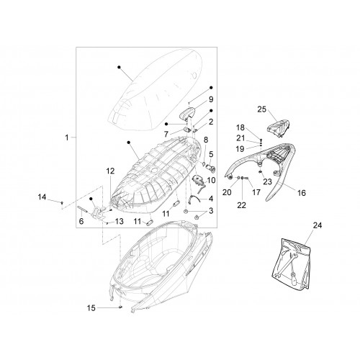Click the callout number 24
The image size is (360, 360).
[318, 225]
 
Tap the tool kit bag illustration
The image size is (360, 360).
[292, 264]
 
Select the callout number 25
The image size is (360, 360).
[262, 109]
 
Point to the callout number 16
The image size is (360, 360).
[302, 193]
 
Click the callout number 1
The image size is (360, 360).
[67, 138]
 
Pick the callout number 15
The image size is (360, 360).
[91, 308]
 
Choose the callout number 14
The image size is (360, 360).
[42, 197]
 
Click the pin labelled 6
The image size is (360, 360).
[82, 209]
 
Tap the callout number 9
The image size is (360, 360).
[211, 99]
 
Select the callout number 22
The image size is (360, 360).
[242, 205]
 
